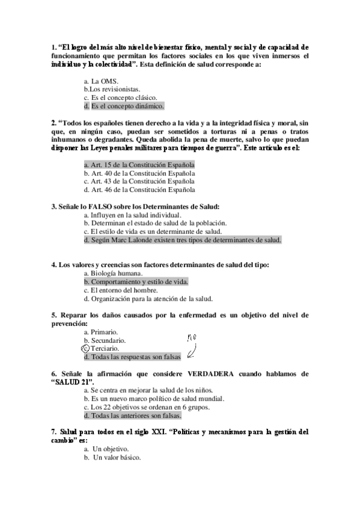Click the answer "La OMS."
pos(105,80)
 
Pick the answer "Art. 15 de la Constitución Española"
pos(143,164)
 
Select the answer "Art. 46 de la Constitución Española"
pos(143,189)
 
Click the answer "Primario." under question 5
pos(105,331)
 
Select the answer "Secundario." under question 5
pos(108,340)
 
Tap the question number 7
pos(53,432)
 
